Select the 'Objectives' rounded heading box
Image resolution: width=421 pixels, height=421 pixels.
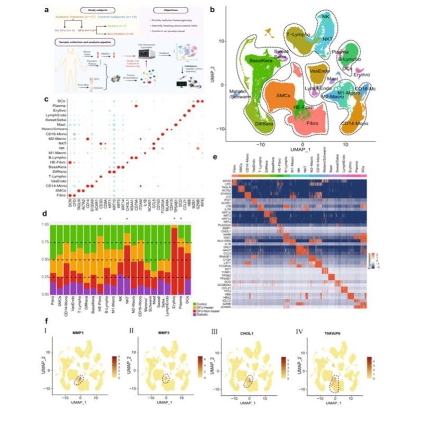(x=167, y=9)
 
